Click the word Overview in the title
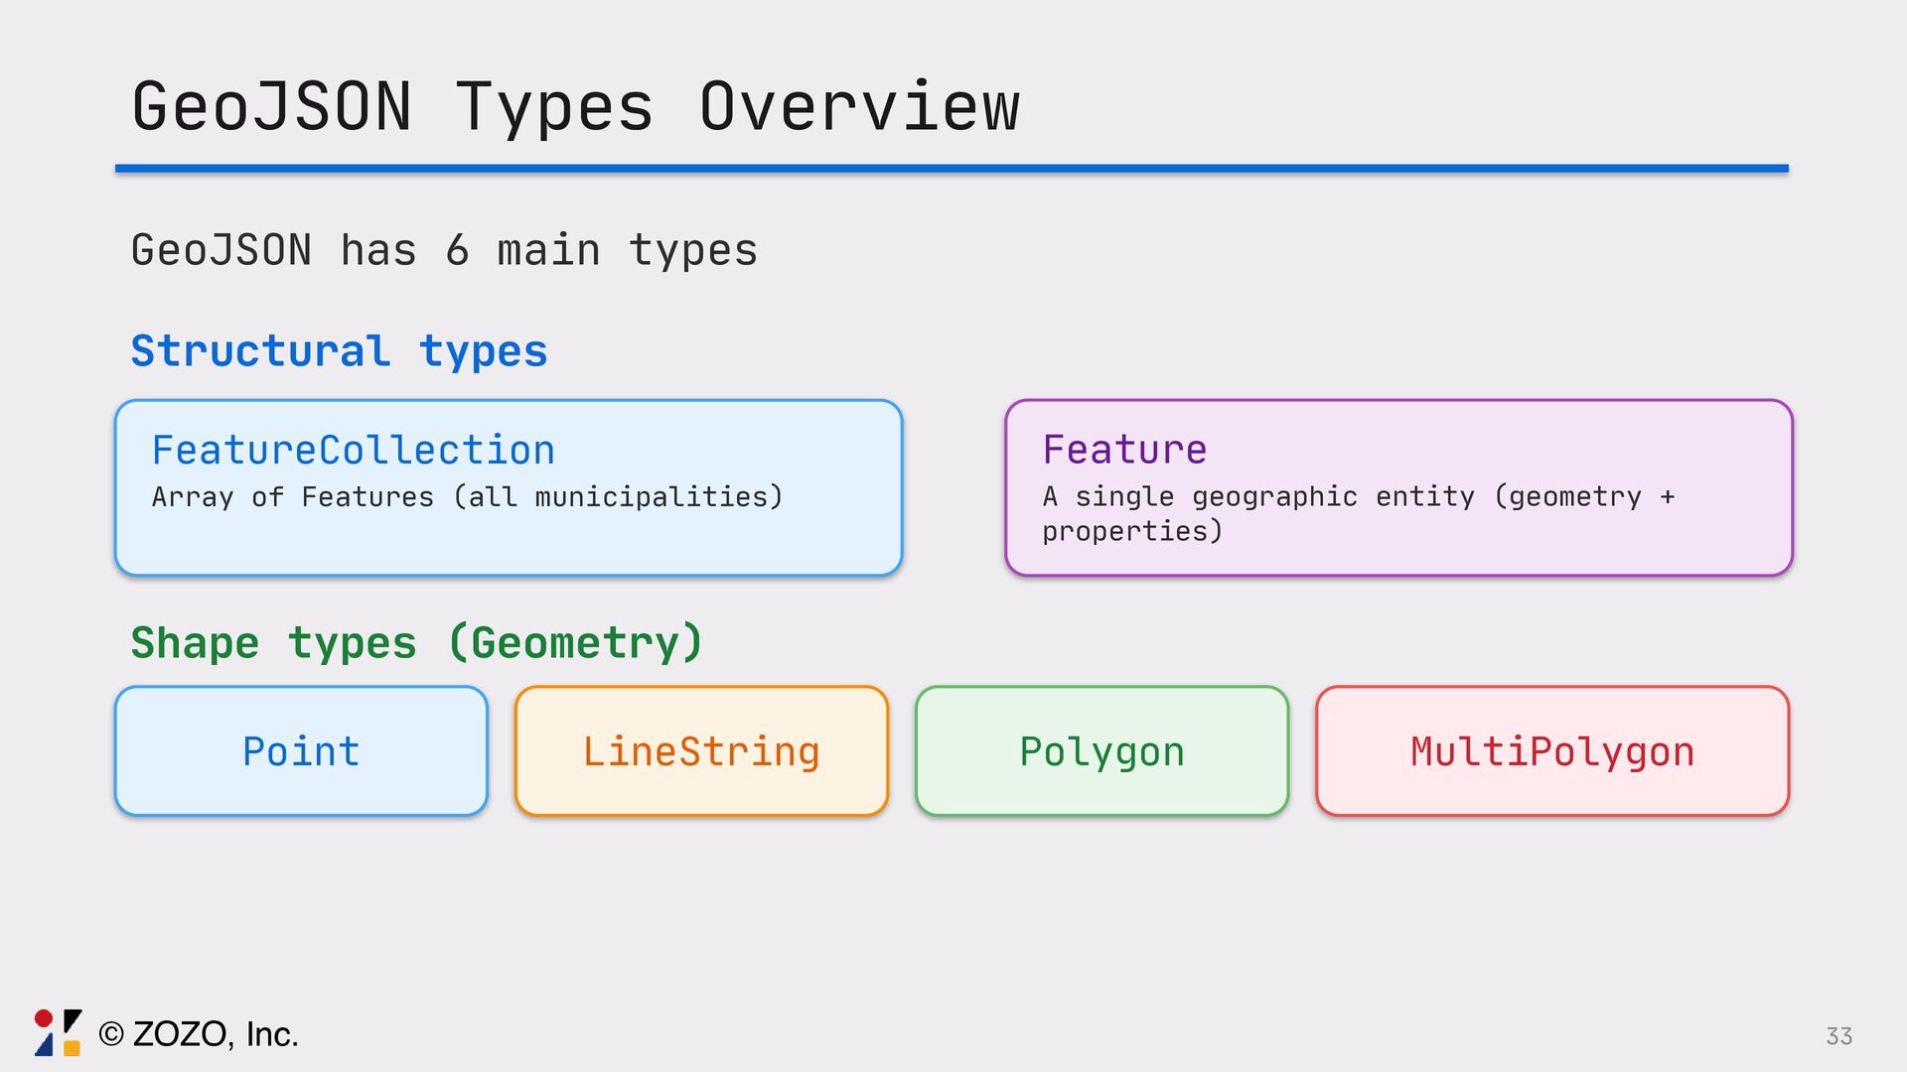(859, 107)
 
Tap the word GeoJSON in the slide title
(271, 107)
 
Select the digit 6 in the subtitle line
(457, 250)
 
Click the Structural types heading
(339, 351)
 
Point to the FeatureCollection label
(353, 451)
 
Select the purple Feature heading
(1124, 450)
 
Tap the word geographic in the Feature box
(1274, 496)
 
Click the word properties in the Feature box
(1131, 532)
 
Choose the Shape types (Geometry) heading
(417, 643)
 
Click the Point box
(301, 751)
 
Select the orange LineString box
(701, 751)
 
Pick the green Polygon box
(1101, 751)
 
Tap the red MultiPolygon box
(1552, 751)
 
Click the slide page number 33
(1838, 1036)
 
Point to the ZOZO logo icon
(58, 1033)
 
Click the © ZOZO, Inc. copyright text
(199, 1034)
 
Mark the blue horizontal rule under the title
(952, 169)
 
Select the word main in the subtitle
(548, 250)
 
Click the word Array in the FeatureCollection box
(193, 496)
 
